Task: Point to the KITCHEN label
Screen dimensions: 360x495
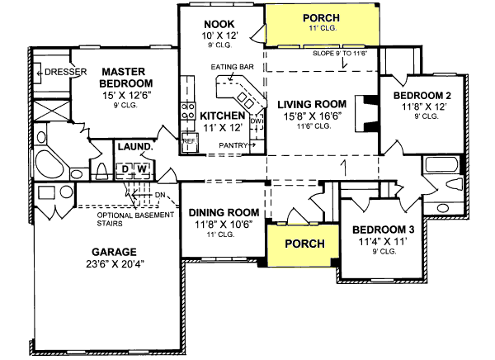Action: [221, 116]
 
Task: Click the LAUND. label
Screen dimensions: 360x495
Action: [134, 147]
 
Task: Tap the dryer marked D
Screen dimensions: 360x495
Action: [125, 169]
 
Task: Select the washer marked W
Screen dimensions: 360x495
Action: [141, 169]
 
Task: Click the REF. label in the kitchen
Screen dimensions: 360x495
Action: [187, 140]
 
